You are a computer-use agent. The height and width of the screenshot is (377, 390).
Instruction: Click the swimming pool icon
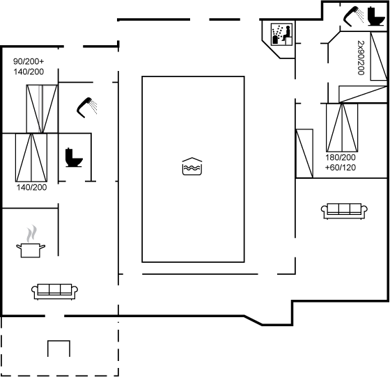192,166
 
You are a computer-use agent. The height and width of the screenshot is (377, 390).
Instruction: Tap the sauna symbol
281,34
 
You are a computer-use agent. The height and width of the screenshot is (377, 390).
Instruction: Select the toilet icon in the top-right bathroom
375,16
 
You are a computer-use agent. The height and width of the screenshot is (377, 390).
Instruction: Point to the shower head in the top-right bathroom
353,16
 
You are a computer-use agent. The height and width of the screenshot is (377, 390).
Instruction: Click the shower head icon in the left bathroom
87,107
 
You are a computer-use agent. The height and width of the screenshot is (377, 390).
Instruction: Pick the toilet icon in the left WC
74,157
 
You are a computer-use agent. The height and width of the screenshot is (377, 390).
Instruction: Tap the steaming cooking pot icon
31,241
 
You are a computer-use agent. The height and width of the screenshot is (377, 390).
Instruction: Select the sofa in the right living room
344,211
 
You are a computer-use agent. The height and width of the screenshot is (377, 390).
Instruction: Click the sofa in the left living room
55,291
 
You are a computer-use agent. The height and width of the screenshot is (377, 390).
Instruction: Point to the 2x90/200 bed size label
361,58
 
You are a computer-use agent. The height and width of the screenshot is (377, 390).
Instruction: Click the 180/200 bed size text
341,157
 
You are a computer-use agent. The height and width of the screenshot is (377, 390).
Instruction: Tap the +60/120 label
341,168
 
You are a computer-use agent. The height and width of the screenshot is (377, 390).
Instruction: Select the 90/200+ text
29,61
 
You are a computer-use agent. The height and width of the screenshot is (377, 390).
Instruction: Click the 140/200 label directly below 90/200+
29,72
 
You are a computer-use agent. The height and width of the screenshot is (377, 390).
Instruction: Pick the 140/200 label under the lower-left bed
31,187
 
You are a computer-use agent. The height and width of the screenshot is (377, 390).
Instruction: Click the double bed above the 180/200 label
342,127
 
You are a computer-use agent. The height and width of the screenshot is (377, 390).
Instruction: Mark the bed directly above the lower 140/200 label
31,157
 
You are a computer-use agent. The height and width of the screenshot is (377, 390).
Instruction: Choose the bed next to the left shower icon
42,109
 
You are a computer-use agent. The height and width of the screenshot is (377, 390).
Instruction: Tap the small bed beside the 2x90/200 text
379,56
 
